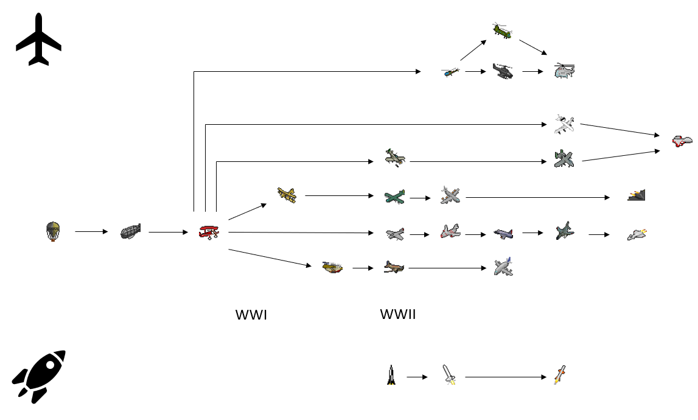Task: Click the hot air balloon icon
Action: (54, 231)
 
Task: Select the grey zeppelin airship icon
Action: (130, 232)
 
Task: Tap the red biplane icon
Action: (209, 232)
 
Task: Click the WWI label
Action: (251, 315)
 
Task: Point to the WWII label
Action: (398, 315)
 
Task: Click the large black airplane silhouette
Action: (38, 39)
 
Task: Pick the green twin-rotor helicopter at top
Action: (503, 30)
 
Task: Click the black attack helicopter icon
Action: (503, 72)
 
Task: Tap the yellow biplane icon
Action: (286, 195)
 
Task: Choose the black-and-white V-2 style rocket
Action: (391, 375)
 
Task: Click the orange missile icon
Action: (560, 375)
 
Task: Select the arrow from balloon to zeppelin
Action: (90, 232)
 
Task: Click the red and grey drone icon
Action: (682, 141)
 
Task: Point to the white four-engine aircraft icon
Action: (564, 124)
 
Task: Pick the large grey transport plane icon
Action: (503, 267)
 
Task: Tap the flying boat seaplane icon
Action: (332, 267)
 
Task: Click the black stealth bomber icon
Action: (637, 195)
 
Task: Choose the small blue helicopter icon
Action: (450, 72)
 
